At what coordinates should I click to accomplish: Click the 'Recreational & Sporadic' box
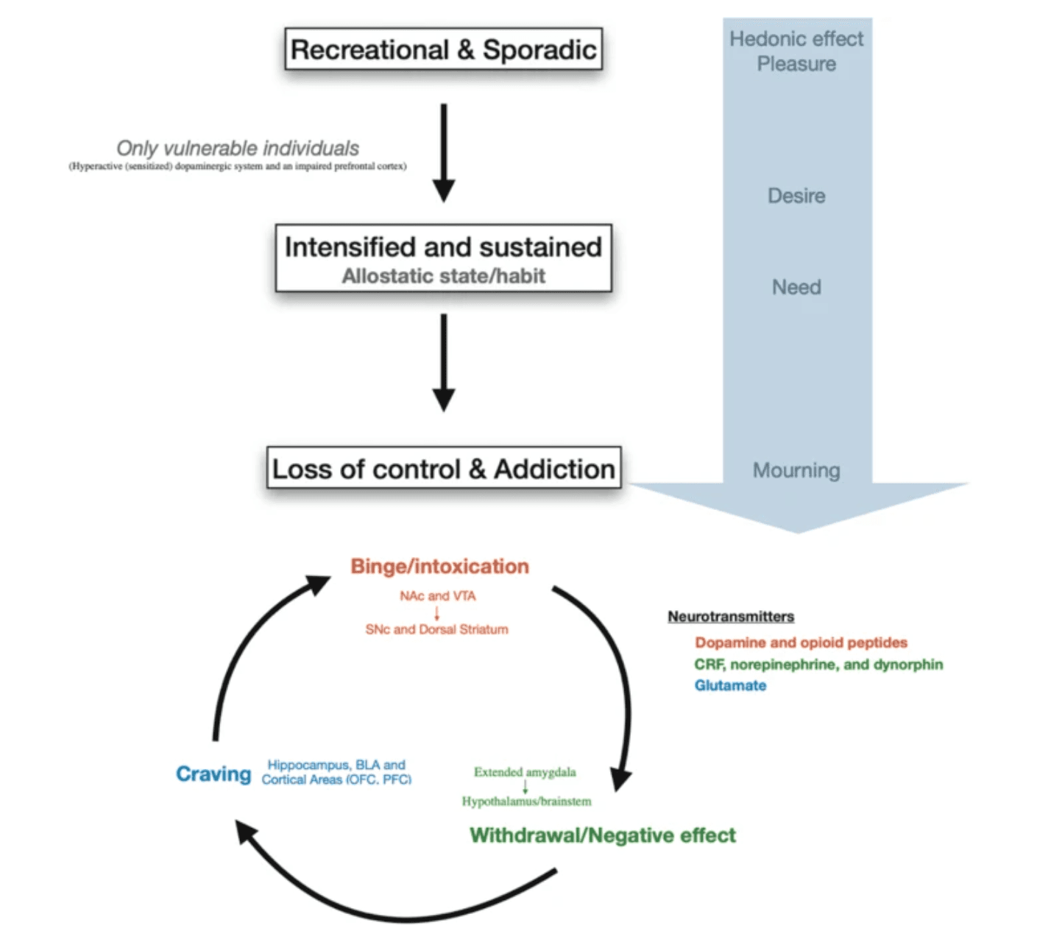(x=443, y=49)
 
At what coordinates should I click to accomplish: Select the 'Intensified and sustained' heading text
(x=443, y=247)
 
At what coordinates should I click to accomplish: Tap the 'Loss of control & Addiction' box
(x=443, y=469)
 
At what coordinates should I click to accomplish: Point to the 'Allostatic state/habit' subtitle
(x=443, y=277)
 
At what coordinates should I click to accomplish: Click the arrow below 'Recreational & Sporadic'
(x=443, y=152)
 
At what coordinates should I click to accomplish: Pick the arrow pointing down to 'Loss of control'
(x=443, y=362)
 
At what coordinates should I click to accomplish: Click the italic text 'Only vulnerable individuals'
(x=238, y=148)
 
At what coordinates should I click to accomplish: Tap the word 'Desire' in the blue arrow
(x=796, y=196)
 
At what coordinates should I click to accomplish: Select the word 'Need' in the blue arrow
(x=796, y=287)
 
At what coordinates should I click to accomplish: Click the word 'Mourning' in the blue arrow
(x=796, y=470)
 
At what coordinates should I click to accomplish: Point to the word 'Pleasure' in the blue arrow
(x=796, y=64)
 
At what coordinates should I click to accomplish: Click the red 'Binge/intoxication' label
(x=439, y=566)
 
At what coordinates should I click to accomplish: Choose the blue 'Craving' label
(x=213, y=774)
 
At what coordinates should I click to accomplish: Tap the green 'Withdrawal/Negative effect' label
(x=603, y=835)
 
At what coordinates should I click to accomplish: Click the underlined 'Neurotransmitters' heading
(x=731, y=617)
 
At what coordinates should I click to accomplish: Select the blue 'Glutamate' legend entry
(x=730, y=686)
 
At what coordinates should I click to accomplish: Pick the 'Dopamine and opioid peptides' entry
(x=801, y=642)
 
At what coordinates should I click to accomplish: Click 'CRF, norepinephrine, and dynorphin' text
(x=818, y=665)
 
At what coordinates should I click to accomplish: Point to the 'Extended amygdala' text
(x=525, y=772)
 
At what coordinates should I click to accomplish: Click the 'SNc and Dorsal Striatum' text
(x=436, y=629)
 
